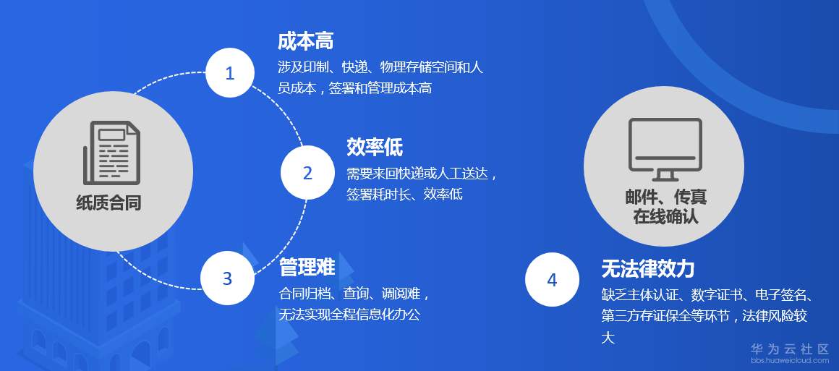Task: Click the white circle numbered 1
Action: (x=230, y=73)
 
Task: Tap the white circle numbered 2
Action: (x=307, y=172)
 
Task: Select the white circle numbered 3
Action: (x=227, y=278)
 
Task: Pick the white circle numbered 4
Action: (x=552, y=279)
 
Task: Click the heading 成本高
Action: (x=305, y=41)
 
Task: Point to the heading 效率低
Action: (x=375, y=148)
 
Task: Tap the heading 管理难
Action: (x=307, y=267)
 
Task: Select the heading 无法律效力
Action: (x=648, y=269)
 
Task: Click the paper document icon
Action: (x=111, y=153)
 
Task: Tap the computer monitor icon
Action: (x=665, y=150)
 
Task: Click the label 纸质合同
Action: (x=108, y=203)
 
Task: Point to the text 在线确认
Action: (x=665, y=217)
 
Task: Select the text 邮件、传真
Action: (x=665, y=197)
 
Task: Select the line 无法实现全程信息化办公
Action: (x=349, y=315)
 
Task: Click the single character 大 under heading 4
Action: (x=608, y=338)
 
